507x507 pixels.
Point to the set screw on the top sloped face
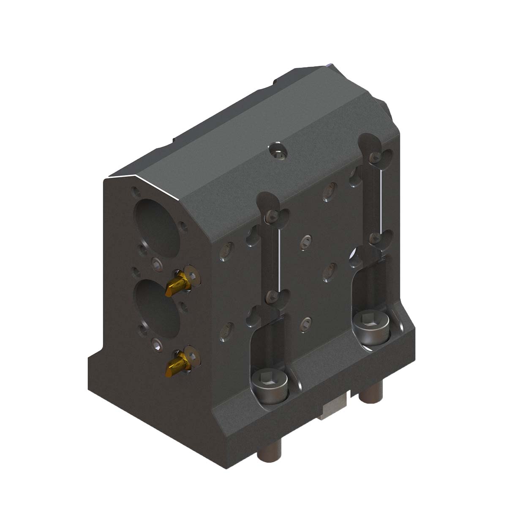click(277, 153)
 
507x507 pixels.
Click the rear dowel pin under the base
click(371, 394)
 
